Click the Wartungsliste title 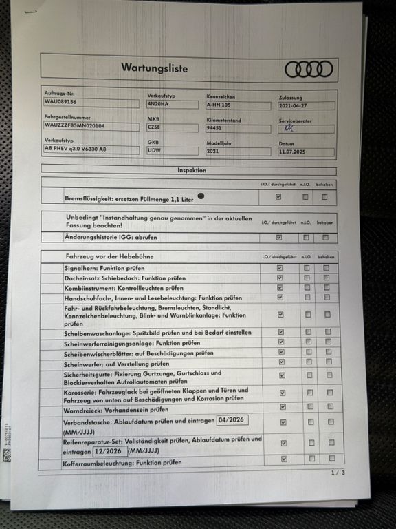[x=154, y=68]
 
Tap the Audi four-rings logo [x=309, y=69]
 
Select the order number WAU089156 [x=60, y=102]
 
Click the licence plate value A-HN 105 [x=220, y=105]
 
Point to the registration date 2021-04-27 [x=294, y=106]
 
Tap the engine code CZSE [x=154, y=127]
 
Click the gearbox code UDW [x=154, y=149]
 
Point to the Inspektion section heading [x=192, y=170]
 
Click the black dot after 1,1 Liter [x=201, y=196]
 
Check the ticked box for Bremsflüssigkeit [x=278, y=197]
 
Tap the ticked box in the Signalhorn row [x=279, y=267]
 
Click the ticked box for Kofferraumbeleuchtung [x=283, y=459]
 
